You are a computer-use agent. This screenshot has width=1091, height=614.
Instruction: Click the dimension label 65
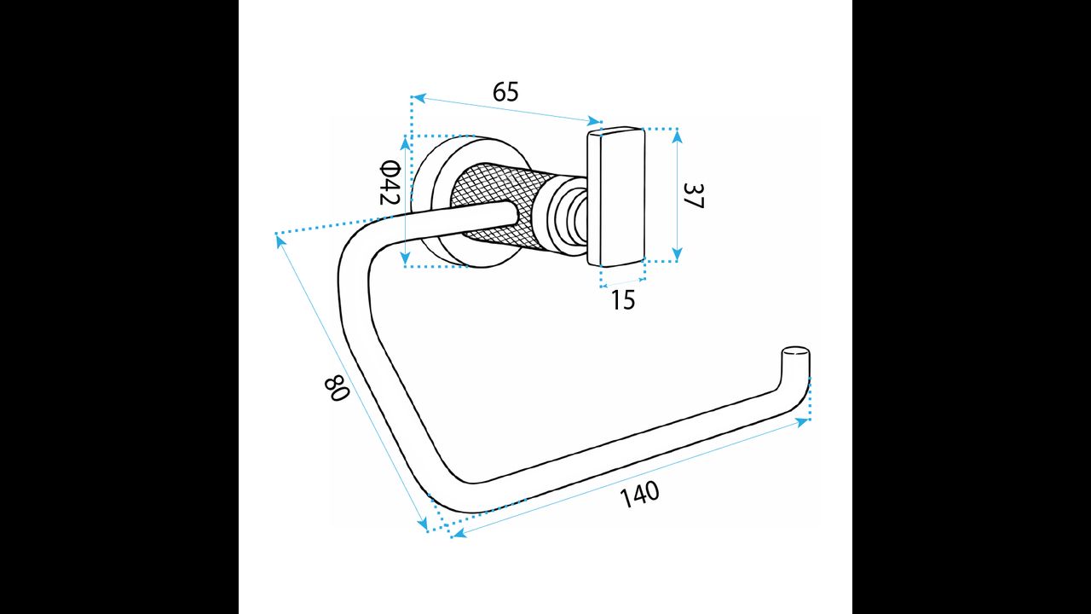(x=505, y=92)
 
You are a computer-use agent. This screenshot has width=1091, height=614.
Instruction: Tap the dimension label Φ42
(x=390, y=182)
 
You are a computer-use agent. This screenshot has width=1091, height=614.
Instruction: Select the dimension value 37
(x=694, y=195)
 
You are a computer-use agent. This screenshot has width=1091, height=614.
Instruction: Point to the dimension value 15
(x=623, y=299)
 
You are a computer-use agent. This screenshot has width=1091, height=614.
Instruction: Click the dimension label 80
(x=336, y=388)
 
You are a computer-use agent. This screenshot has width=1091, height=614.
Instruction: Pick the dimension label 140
(x=639, y=495)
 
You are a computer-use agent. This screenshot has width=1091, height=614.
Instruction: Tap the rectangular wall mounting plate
(x=616, y=196)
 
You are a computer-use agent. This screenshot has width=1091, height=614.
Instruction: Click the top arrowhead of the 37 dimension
(x=677, y=136)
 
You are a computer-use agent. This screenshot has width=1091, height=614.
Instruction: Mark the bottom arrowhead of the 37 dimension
(x=677, y=254)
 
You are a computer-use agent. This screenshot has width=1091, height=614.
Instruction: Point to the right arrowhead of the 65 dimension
(x=595, y=121)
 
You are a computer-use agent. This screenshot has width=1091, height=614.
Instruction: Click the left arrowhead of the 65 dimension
(x=419, y=98)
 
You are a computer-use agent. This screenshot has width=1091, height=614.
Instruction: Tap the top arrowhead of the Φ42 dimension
(x=406, y=143)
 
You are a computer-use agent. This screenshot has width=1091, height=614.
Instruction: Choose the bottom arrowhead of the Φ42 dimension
(x=406, y=258)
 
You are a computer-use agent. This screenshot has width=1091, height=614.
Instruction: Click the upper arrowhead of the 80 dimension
(x=280, y=240)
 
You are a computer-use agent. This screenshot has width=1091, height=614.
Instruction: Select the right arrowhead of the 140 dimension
(x=801, y=422)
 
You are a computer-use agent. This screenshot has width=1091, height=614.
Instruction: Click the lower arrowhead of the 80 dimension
(x=423, y=524)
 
